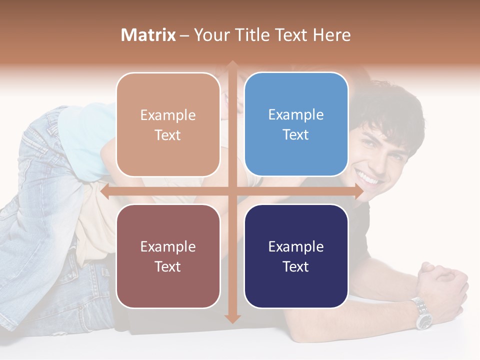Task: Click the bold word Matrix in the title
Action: [x=148, y=35]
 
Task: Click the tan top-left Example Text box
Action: [x=168, y=124]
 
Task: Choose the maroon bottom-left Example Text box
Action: [x=168, y=256]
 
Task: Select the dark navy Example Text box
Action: [x=296, y=256]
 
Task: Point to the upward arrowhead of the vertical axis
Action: [x=232, y=64]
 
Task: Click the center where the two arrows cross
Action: [x=232, y=191]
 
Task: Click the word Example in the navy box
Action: [x=296, y=246]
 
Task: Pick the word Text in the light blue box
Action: [x=296, y=134]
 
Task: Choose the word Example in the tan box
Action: [x=168, y=115]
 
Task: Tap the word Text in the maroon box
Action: [x=168, y=266]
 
